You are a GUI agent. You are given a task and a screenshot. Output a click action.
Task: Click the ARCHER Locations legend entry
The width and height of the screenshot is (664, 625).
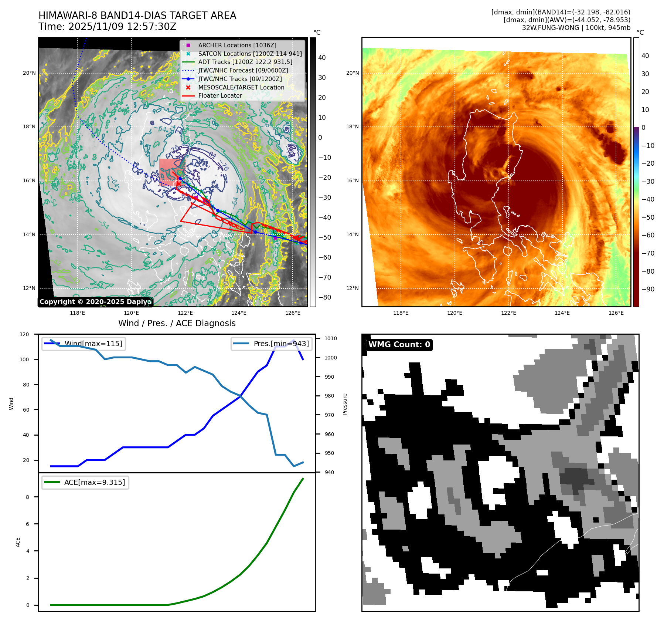pyautogui.click(x=237, y=45)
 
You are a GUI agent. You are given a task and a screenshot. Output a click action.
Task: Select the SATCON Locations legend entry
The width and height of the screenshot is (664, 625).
pyautogui.click(x=250, y=54)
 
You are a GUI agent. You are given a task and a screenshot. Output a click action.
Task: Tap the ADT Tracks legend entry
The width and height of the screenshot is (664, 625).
pyautogui.click(x=245, y=62)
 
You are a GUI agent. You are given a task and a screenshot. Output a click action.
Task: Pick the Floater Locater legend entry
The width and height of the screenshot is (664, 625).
pyautogui.click(x=220, y=96)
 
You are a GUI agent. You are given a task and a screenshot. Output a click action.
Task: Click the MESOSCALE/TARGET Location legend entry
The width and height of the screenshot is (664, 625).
pyautogui.click(x=241, y=87)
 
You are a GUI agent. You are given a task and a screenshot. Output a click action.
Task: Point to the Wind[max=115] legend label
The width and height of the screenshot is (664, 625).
pyautogui.click(x=93, y=344)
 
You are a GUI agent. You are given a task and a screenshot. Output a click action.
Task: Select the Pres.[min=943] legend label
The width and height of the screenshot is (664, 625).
pyautogui.click(x=281, y=344)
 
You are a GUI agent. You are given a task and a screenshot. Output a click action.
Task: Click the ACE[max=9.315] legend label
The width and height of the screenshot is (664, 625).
pyautogui.click(x=94, y=482)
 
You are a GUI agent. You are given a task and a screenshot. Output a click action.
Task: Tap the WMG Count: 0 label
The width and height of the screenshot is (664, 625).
pyautogui.click(x=399, y=345)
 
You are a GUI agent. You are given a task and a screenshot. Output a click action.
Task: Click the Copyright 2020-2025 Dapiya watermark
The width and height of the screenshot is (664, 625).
pyautogui.click(x=95, y=302)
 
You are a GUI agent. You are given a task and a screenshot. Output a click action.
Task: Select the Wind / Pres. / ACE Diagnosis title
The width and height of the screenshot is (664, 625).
pyautogui.click(x=177, y=323)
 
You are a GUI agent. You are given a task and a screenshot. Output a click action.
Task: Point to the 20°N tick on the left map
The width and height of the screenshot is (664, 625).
pyautogui.click(x=29, y=73)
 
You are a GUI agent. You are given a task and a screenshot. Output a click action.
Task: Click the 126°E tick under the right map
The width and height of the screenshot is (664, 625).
pyautogui.click(x=616, y=313)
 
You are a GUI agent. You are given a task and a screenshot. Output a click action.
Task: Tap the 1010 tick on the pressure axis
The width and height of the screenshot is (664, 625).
pyautogui.click(x=331, y=338)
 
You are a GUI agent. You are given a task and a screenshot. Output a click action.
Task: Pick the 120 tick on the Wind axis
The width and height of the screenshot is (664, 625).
pyautogui.click(x=24, y=334)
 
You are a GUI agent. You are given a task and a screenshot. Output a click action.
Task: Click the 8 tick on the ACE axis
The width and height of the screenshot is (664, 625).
pyautogui.click(x=27, y=497)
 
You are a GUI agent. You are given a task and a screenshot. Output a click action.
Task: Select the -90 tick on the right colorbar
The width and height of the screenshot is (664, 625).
pyautogui.click(x=648, y=289)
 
